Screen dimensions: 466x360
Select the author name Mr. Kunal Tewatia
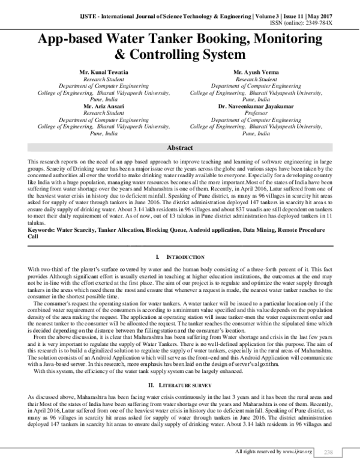coord(98,72)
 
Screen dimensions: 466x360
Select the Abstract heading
coord(179,148)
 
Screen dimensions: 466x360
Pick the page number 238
coord(328,451)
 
